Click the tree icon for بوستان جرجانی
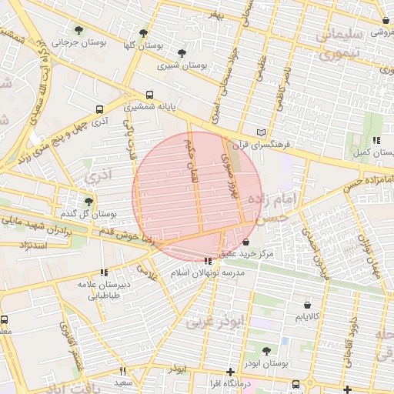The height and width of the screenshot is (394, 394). (x=78, y=30)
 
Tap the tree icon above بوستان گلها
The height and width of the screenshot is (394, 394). (x=143, y=33)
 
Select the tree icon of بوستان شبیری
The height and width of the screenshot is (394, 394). (x=182, y=53)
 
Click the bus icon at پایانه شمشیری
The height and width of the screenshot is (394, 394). (x=149, y=96)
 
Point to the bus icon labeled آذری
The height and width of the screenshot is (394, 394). (x=98, y=109)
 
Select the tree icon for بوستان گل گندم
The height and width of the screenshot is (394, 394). (x=88, y=202)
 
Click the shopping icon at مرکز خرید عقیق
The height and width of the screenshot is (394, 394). (x=245, y=242)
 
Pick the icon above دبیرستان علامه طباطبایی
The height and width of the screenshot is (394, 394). (x=103, y=272)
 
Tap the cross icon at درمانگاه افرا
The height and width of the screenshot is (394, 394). (x=230, y=372)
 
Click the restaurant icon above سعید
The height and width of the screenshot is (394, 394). (x=122, y=372)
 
